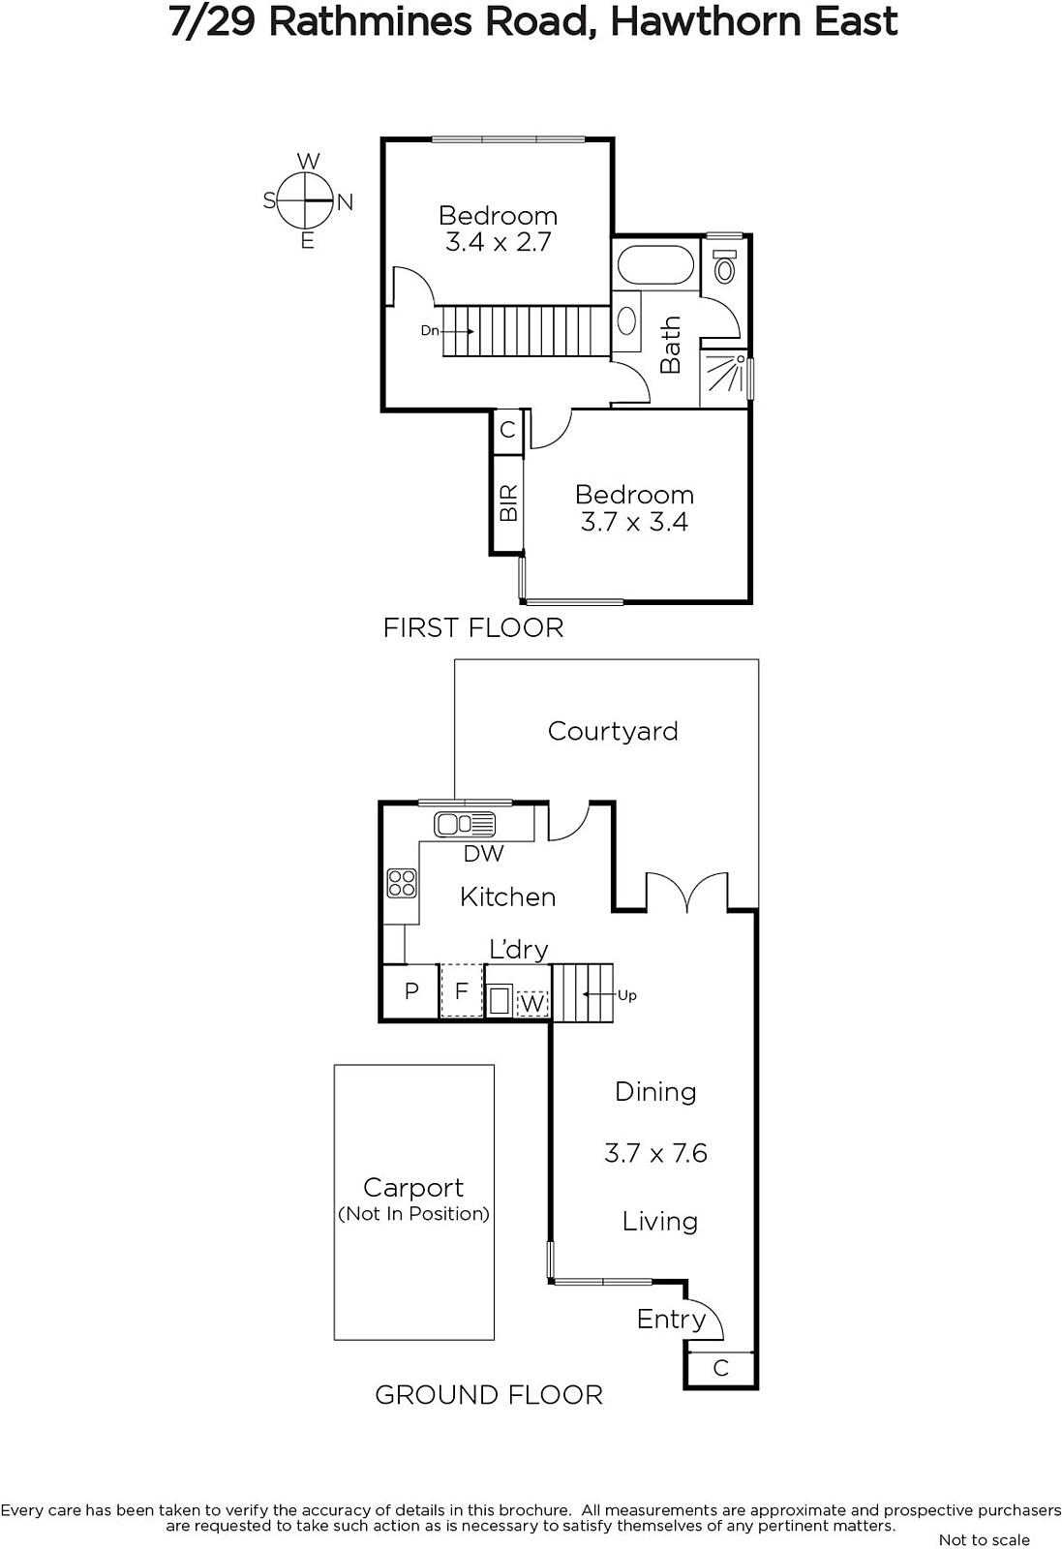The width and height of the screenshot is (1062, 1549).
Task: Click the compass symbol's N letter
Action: point(345,202)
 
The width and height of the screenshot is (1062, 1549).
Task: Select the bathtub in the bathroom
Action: point(655,264)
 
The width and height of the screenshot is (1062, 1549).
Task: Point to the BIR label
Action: point(508,502)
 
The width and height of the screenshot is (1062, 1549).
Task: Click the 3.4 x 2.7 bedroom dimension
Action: point(498,243)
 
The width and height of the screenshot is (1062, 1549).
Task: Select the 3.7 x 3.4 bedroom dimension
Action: point(634,522)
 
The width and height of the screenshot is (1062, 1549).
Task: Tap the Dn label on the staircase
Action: point(430,330)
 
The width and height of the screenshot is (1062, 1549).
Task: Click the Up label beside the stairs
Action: point(626,995)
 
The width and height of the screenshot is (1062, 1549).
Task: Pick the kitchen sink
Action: point(465,824)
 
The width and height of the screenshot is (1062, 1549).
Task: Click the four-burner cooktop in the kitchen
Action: point(402,883)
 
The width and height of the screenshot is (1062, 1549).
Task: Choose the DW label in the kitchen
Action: point(483,854)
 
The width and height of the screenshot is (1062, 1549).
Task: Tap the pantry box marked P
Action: point(411,991)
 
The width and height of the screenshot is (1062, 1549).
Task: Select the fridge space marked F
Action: point(462,991)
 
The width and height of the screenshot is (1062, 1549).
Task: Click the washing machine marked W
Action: point(531,1003)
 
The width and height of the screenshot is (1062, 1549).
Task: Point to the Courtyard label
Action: point(613,732)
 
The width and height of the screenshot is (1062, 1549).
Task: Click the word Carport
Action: point(412,1188)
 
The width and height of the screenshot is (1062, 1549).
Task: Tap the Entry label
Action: point(671,1320)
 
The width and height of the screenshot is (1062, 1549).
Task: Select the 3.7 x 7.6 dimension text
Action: point(655,1153)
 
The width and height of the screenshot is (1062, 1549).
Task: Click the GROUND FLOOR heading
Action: point(489,1395)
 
